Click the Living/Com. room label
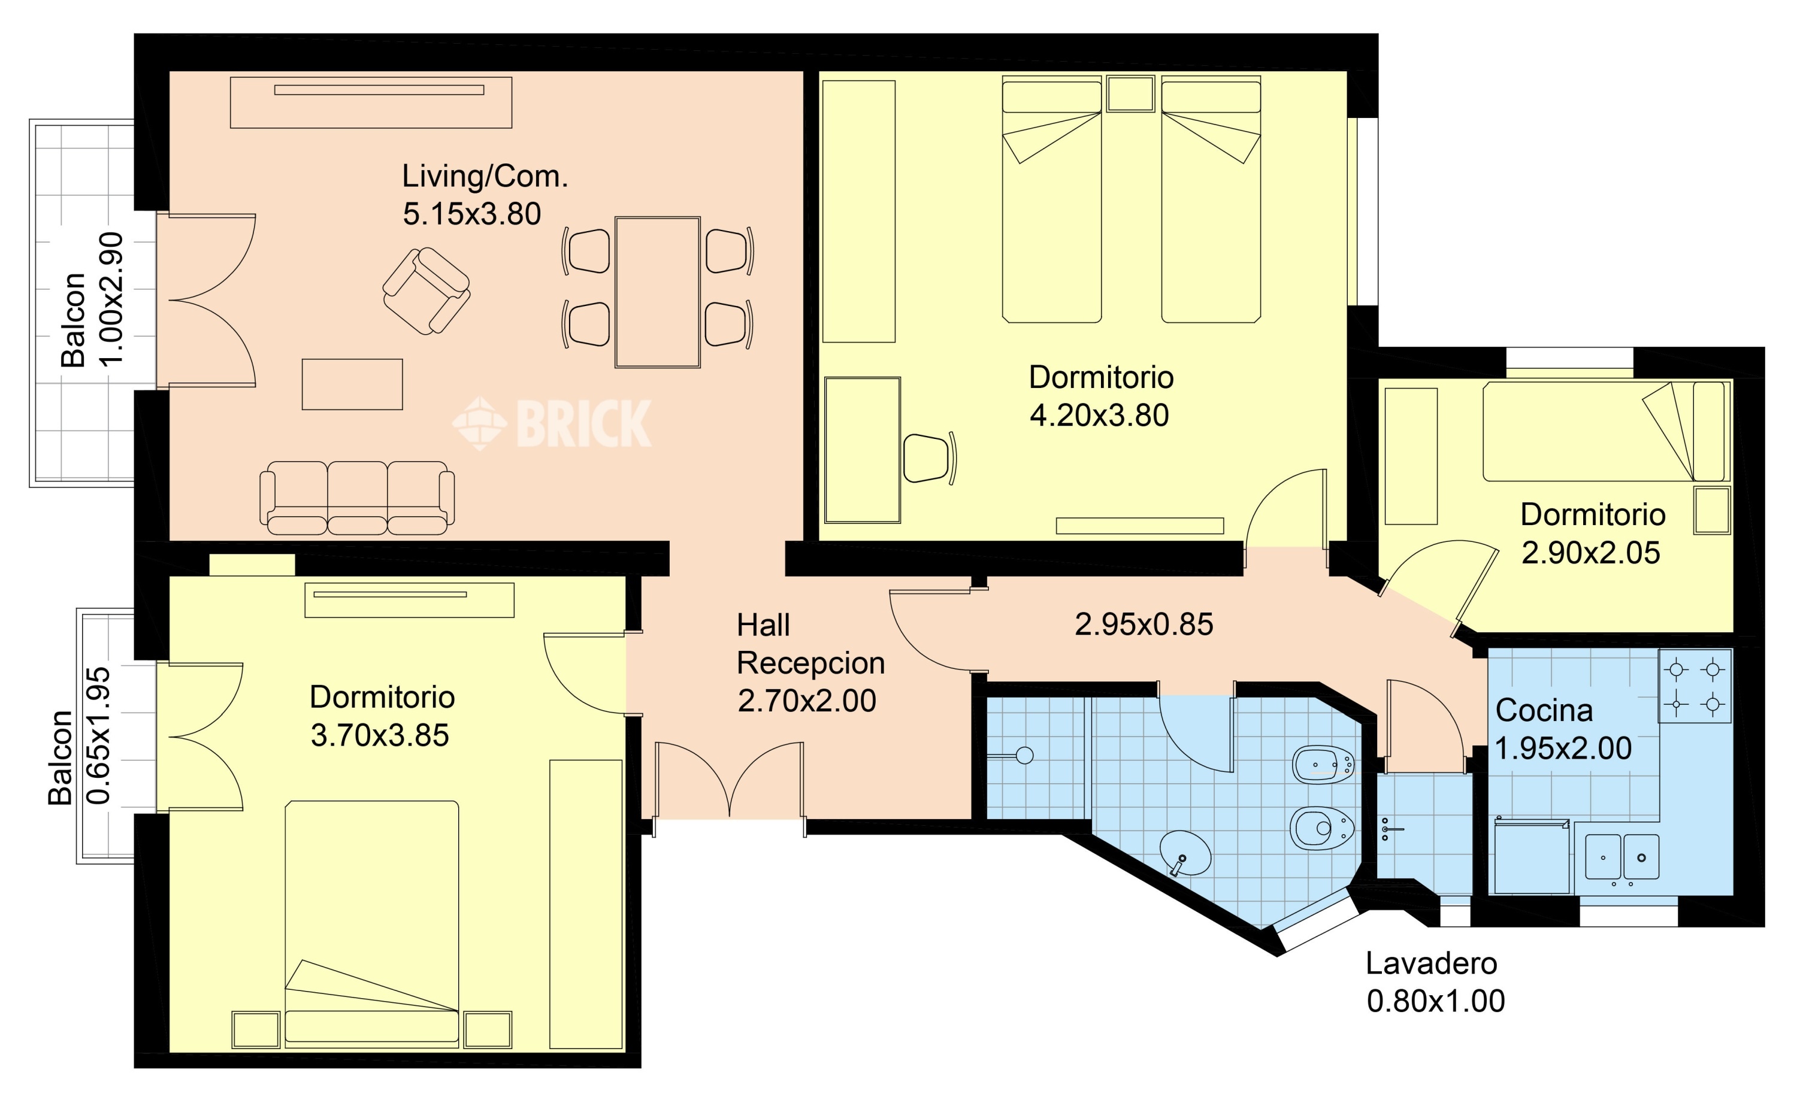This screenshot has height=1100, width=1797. coord(485,177)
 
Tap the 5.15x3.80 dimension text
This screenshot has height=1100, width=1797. coord(472,214)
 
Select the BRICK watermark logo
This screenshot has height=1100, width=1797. coord(552,423)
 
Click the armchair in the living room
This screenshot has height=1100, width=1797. coord(426,291)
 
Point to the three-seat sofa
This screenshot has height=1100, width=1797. coord(358,498)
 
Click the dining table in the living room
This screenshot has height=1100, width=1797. coord(658,292)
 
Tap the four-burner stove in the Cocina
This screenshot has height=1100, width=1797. coord(1695,686)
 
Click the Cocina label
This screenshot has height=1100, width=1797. coord(1544,711)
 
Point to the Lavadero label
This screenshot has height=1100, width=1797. coord(1432,963)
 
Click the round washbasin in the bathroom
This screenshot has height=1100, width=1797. coord(1185,853)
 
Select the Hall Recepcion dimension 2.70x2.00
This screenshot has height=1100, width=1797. coord(807,701)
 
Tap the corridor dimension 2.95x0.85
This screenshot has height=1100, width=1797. coord(1144,625)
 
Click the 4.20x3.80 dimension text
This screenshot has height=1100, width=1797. coord(1099,416)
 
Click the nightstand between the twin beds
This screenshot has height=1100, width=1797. coord(1130,94)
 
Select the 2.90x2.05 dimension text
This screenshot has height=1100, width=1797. coord(1590,553)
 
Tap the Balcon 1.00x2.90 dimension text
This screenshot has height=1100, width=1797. coord(111,299)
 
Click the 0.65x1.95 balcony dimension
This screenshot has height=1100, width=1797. coord(98,737)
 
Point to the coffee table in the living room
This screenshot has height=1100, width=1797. coord(352,384)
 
